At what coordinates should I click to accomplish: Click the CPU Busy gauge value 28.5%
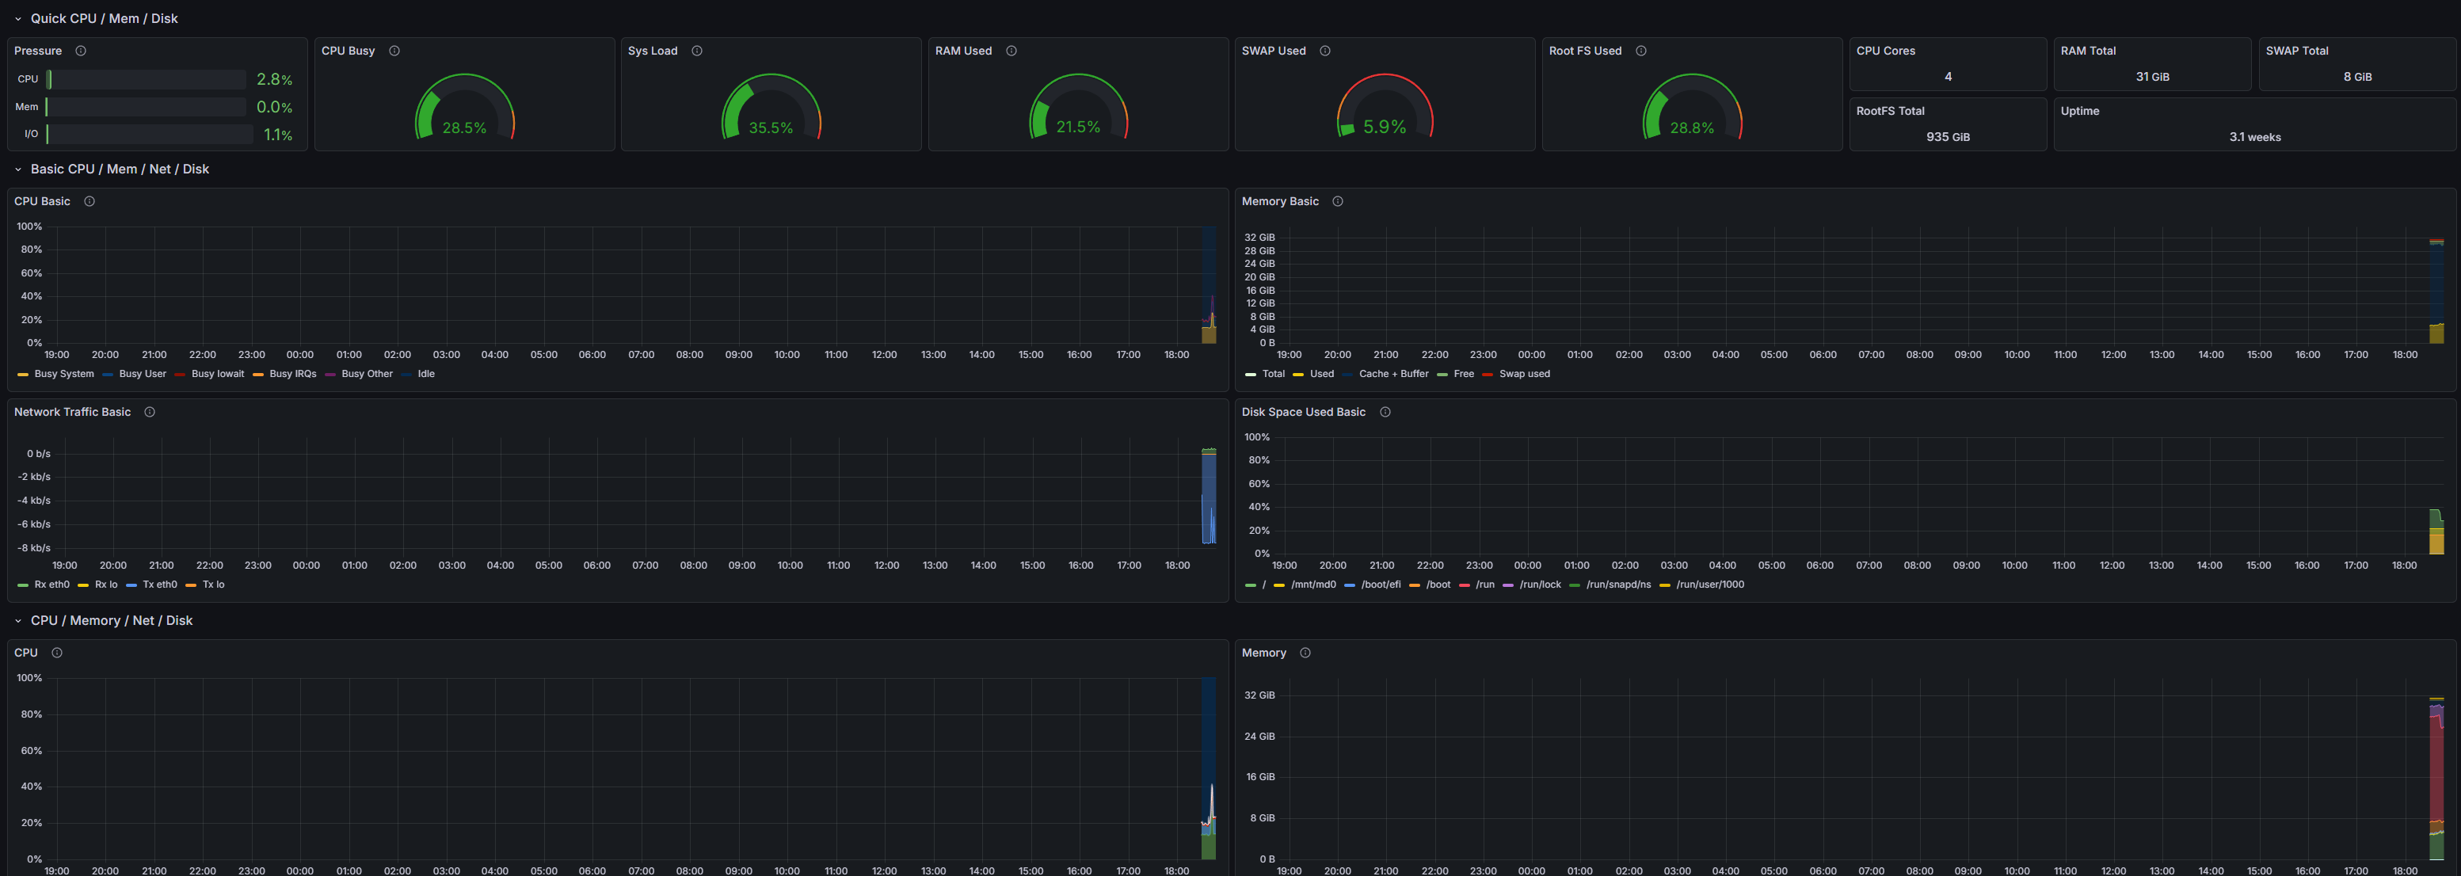click(x=464, y=128)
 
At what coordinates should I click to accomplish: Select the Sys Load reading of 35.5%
click(x=771, y=128)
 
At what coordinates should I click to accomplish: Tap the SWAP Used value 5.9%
click(x=1385, y=127)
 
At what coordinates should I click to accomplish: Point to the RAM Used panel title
click(x=963, y=51)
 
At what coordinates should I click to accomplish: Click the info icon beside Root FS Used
click(x=1640, y=51)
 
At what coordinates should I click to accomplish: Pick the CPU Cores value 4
click(x=1948, y=76)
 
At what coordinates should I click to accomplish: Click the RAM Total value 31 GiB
click(x=2152, y=76)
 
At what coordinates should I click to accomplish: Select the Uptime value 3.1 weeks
click(x=2254, y=136)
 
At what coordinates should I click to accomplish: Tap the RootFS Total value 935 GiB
click(x=1948, y=136)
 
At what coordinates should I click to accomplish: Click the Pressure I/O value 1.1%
click(x=278, y=135)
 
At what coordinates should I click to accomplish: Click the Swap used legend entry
click(x=1524, y=374)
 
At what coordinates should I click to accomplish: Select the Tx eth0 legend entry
click(x=159, y=585)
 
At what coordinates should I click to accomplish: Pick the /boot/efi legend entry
click(x=1381, y=585)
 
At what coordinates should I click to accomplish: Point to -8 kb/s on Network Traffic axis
click(x=33, y=547)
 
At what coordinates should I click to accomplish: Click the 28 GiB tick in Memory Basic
click(x=1259, y=250)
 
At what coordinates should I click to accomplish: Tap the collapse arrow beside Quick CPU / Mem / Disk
click(x=17, y=19)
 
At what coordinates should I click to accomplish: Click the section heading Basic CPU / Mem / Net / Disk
click(x=120, y=169)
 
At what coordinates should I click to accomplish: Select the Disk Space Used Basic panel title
click(x=1303, y=412)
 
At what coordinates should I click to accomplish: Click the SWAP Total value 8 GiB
click(x=2357, y=76)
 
